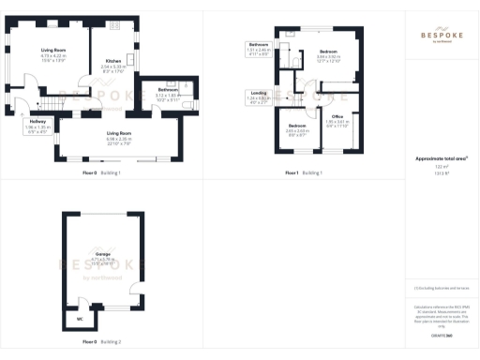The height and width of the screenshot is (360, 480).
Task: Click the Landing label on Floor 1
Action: tap(258, 92)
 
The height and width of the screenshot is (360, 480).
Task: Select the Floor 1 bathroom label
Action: tap(258, 45)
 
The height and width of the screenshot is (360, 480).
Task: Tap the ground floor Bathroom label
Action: tap(154, 90)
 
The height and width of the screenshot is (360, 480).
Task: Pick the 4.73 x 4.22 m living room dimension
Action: tap(52, 55)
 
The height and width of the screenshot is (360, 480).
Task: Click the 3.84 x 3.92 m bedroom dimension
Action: tap(328, 56)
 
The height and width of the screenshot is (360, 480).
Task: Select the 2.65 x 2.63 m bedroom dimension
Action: tap(297, 130)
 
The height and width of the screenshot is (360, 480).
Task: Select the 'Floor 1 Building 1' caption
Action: tap(305, 173)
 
